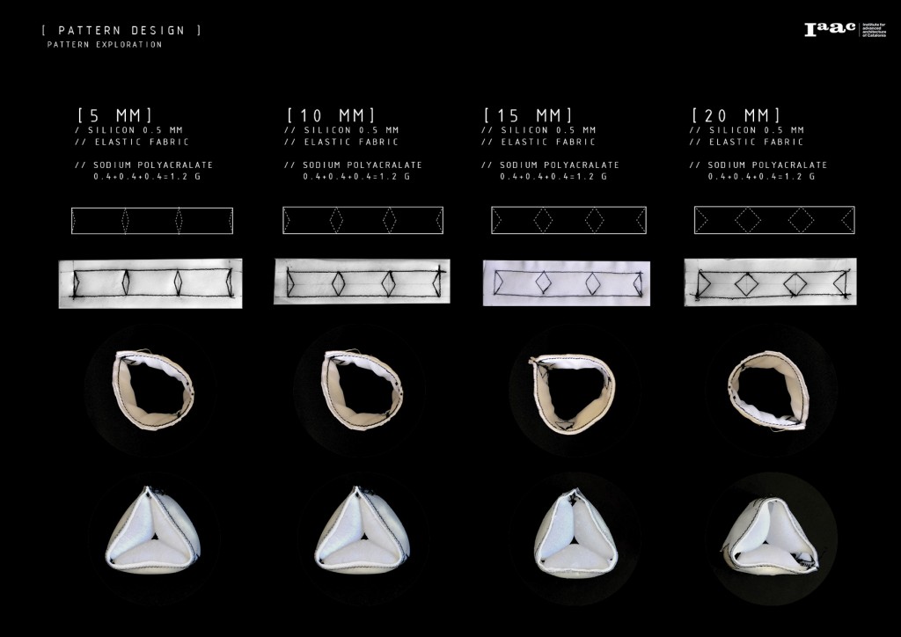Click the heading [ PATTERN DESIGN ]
click(x=121, y=31)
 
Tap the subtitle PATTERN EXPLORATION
click(x=105, y=45)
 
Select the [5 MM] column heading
click(x=115, y=115)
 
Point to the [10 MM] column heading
click(x=332, y=115)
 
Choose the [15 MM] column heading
click(x=529, y=115)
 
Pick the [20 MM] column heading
click(x=736, y=115)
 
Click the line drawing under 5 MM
click(x=152, y=221)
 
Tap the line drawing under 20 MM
click(x=774, y=219)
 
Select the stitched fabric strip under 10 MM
click(x=362, y=282)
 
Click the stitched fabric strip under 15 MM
click(x=567, y=282)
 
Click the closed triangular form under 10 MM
click(x=363, y=528)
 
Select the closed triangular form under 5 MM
click(x=152, y=528)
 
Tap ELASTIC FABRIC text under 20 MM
click(x=748, y=142)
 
